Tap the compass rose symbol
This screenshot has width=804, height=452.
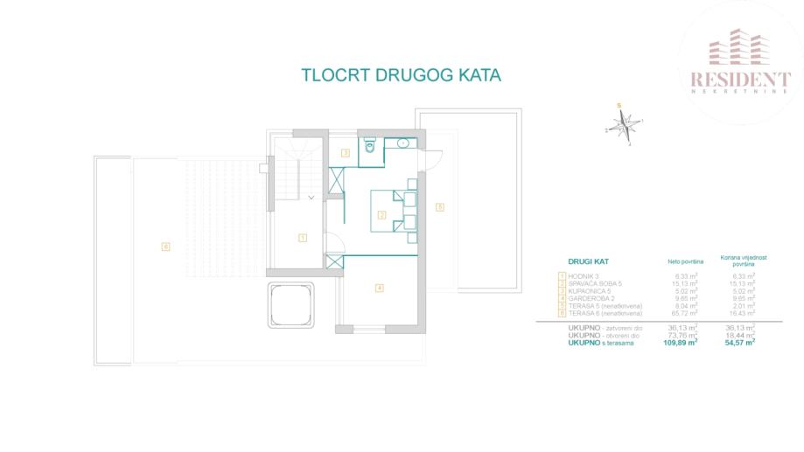click(x=624, y=127)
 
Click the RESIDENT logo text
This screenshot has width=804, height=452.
click(x=740, y=80)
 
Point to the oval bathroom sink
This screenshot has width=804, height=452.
click(x=403, y=142)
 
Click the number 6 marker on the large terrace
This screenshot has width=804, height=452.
click(x=164, y=247)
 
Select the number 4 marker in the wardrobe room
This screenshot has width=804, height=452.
click(x=379, y=288)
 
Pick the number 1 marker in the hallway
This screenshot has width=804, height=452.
click(x=302, y=237)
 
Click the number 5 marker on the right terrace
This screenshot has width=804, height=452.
click(x=440, y=207)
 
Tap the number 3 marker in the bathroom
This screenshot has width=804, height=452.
click(x=346, y=153)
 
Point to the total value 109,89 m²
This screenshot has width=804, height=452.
click(x=680, y=342)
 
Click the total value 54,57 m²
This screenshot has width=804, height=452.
click(x=740, y=342)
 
